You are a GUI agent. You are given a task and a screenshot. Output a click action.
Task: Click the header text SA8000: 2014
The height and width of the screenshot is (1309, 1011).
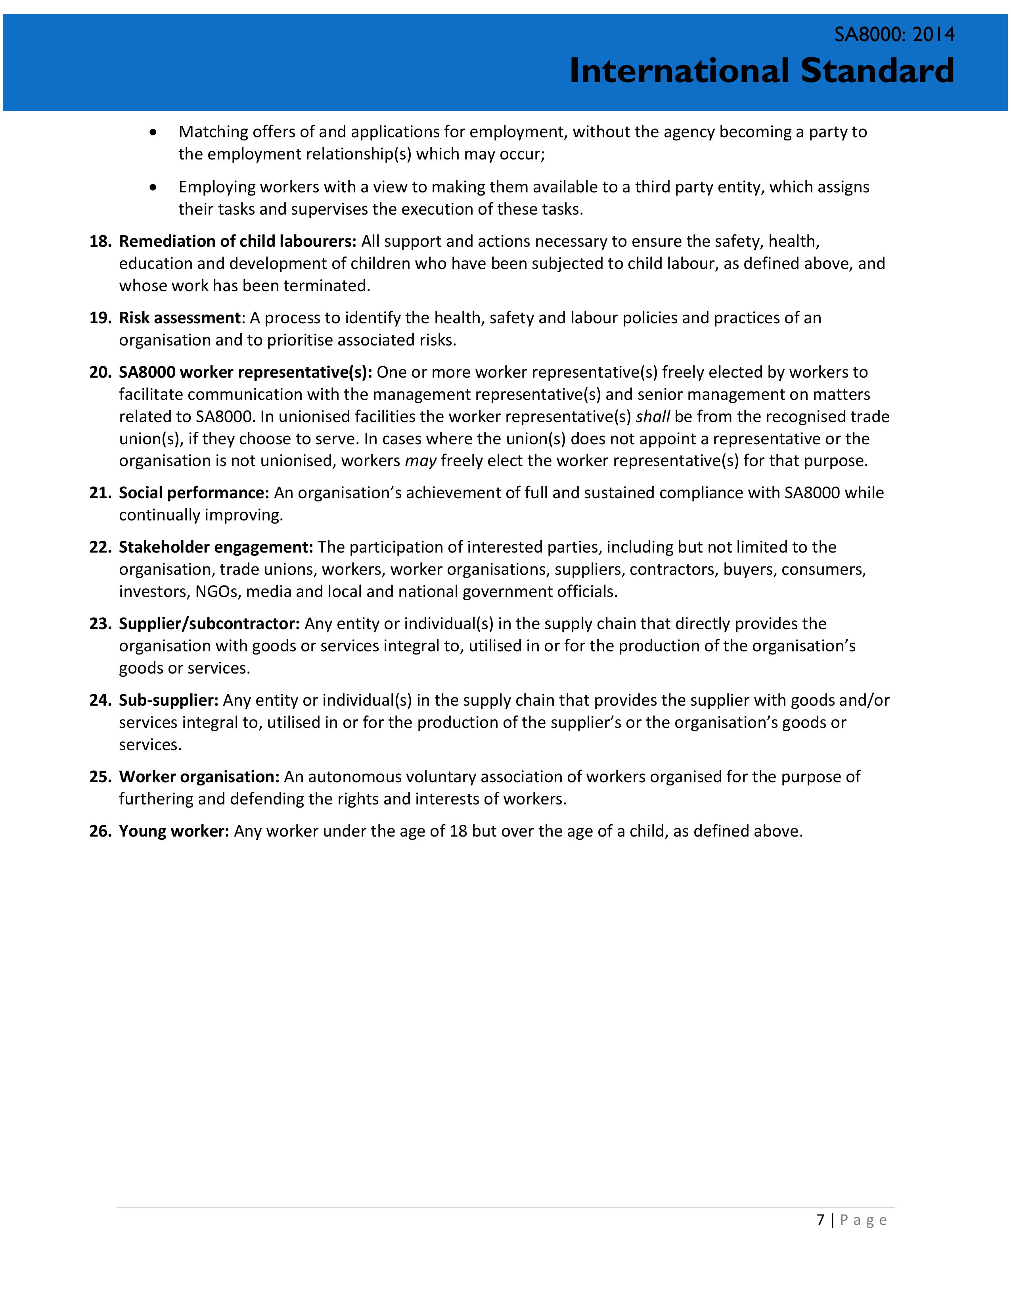pyautogui.click(x=894, y=35)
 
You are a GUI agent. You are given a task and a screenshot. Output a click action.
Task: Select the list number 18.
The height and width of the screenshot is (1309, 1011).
pyautogui.click(x=100, y=242)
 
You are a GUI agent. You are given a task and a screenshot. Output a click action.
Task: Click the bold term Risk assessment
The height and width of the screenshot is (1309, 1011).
pyautogui.click(x=180, y=318)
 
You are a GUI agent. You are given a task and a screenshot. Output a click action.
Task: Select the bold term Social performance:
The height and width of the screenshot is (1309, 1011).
pyautogui.click(x=194, y=493)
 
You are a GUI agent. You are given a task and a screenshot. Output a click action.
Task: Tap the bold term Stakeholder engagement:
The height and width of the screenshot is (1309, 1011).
pyautogui.click(x=216, y=547)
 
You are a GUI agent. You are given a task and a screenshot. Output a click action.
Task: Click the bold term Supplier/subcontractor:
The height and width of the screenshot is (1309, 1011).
pyautogui.click(x=209, y=624)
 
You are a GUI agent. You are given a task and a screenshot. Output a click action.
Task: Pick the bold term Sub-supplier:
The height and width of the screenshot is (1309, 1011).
pyautogui.click(x=168, y=700)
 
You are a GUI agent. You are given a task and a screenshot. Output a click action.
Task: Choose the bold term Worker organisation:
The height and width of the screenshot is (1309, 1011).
pyautogui.click(x=199, y=777)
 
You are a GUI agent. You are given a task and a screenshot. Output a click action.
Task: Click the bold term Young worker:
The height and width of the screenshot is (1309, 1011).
pyautogui.click(x=174, y=831)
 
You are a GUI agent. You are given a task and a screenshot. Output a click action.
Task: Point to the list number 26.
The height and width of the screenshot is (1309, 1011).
pyautogui.click(x=100, y=831)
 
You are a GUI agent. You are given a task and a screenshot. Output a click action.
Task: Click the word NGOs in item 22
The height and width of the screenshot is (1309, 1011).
pyautogui.click(x=218, y=591)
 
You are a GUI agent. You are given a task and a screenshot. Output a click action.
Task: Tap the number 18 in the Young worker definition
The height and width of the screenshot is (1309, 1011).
pyautogui.click(x=458, y=831)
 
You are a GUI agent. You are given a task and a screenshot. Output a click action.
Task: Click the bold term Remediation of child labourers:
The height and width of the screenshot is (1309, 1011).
pyautogui.click(x=238, y=242)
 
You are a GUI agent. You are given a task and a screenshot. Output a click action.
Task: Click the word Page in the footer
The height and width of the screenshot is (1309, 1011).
pyautogui.click(x=863, y=1220)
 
